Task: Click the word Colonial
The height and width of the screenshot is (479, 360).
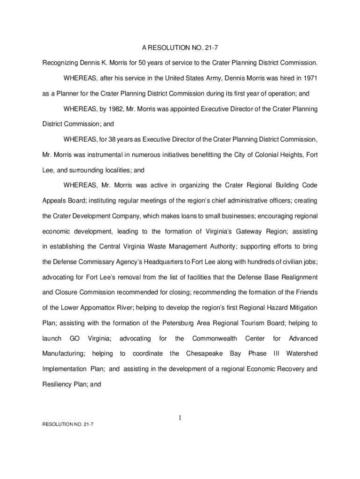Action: pos(254,155)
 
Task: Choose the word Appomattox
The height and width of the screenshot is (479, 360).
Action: pos(100,307)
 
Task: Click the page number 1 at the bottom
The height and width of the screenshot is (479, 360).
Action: pos(180,419)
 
